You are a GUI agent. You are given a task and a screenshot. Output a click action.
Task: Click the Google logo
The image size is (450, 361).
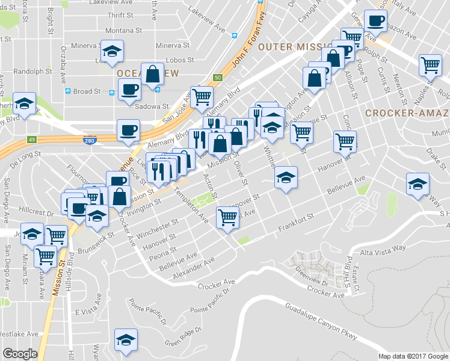[x=20, y=354]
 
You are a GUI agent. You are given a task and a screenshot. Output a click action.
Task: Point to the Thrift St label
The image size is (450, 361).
[x=119, y=15]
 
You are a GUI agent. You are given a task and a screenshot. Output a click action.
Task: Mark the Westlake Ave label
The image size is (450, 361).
[x=19, y=333]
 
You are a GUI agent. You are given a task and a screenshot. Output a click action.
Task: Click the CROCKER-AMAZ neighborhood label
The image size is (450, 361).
[x=406, y=113]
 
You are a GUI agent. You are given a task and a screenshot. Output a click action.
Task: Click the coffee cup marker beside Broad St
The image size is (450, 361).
[x=129, y=90]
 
